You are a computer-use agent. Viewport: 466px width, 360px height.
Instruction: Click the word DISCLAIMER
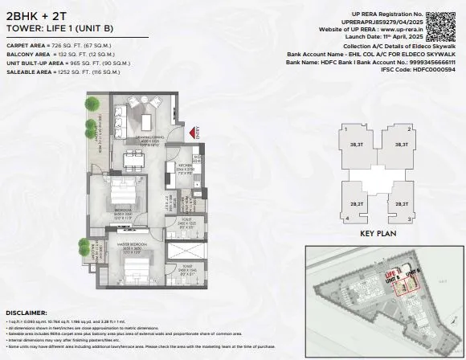(27, 312)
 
